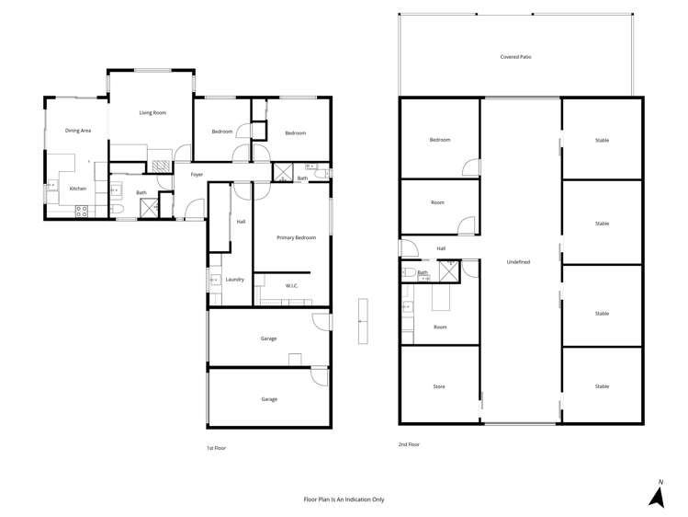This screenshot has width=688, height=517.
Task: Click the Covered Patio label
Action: [x=515, y=57]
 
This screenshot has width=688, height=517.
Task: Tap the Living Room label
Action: [x=152, y=112]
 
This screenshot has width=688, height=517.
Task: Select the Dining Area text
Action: [x=78, y=131]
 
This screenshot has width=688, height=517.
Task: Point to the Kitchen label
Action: [x=78, y=189]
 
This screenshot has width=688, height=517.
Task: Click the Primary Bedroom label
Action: [x=297, y=237]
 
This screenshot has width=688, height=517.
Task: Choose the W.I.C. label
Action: [x=291, y=285]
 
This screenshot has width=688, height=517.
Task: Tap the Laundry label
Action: [x=235, y=279]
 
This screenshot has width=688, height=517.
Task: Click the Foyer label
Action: [x=197, y=174]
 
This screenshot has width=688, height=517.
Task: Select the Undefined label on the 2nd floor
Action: [x=518, y=262]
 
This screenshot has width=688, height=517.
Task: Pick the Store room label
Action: [x=439, y=386]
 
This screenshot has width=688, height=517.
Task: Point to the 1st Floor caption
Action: [x=217, y=448]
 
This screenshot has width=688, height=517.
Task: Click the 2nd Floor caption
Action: [x=409, y=444]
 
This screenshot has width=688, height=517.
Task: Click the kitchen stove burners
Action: [x=81, y=209]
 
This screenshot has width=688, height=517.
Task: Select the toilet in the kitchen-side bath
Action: [x=119, y=211]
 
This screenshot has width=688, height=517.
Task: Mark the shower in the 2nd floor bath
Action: [x=450, y=270]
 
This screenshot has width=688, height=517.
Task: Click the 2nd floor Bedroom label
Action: [x=440, y=140]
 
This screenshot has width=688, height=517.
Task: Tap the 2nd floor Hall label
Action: [x=441, y=248]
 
